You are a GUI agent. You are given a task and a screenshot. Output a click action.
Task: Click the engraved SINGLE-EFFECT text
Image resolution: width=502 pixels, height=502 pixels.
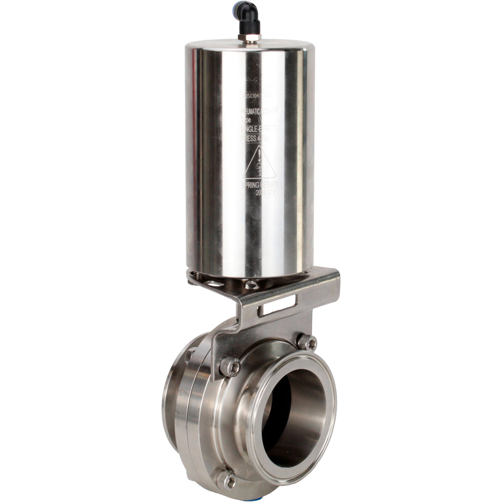tap(256, 129)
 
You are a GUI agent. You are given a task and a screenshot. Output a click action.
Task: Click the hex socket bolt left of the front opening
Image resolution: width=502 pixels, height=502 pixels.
tap(231, 366)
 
